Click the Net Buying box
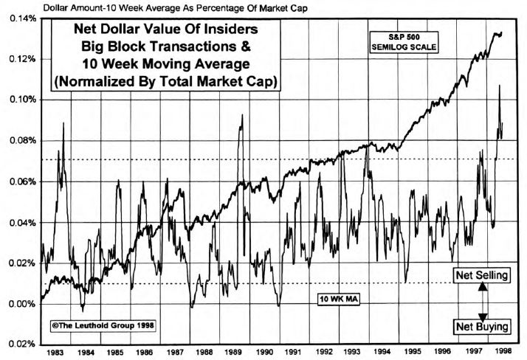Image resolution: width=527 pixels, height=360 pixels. coord(481,325)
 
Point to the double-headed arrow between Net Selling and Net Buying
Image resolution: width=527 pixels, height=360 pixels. coord(481,300)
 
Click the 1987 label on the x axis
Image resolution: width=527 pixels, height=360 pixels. coord(174,353)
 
